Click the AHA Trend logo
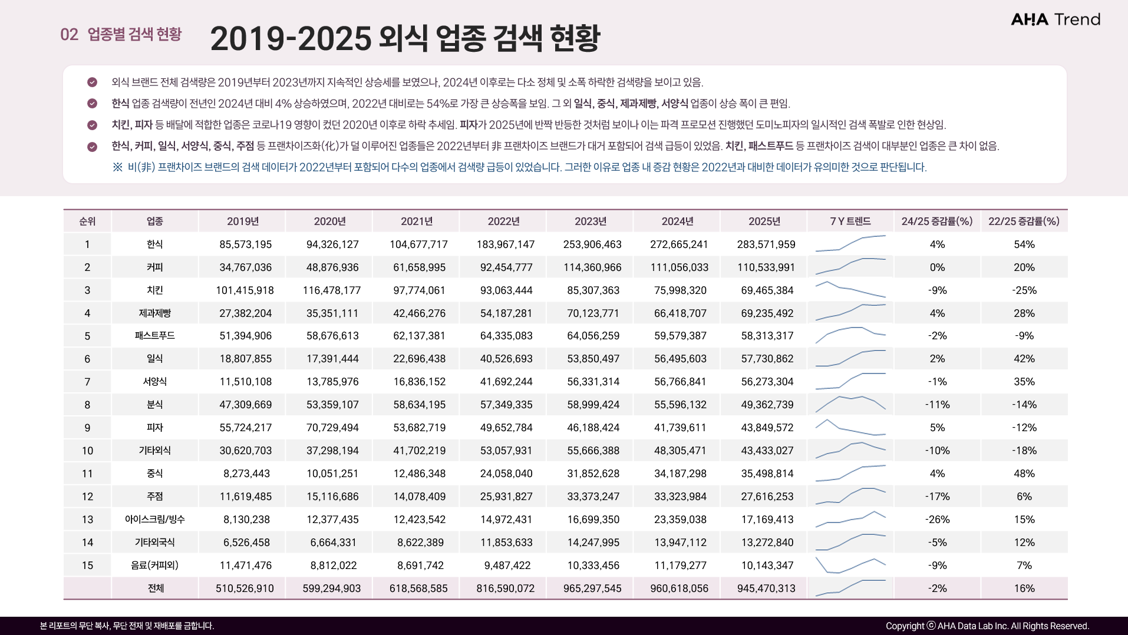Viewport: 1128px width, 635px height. pyautogui.click(x=1055, y=19)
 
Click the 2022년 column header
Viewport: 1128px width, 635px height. pyautogui.click(x=503, y=221)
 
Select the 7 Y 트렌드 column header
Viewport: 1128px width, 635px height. pyautogui.click(x=850, y=221)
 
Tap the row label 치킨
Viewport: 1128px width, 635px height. pyautogui.click(x=154, y=290)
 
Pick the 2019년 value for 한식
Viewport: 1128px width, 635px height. pyautogui.click(x=245, y=244)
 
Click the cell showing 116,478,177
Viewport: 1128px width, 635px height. pyautogui.click(x=332, y=290)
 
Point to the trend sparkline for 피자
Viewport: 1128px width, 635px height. pyautogui.click(x=850, y=427)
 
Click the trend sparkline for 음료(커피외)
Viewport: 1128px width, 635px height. pyautogui.click(x=850, y=565)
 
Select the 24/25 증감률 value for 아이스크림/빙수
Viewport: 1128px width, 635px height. pyautogui.click(x=937, y=520)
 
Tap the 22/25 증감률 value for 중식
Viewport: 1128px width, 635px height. pyautogui.click(x=1024, y=474)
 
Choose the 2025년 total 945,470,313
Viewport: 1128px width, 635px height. pyautogui.click(x=766, y=588)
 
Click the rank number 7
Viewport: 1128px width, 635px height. pyautogui.click(x=87, y=382)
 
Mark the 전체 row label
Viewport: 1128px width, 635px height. pyautogui.click(x=156, y=588)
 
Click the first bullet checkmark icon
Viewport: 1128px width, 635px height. pyautogui.click(x=92, y=82)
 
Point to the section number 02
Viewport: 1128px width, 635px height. pyautogui.click(x=69, y=34)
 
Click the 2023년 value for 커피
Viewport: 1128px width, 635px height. pyautogui.click(x=592, y=267)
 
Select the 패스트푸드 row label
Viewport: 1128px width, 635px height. pyautogui.click(x=154, y=336)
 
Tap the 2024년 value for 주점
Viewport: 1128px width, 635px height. pyautogui.click(x=680, y=497)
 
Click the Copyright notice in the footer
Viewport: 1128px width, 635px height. pyautogui.click(x=987, y=626)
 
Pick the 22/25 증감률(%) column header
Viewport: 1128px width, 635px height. pyautogui.click(x=1024, y=221)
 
